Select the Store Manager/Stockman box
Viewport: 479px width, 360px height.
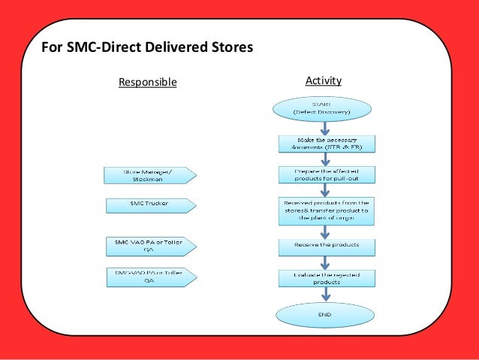click(149, 175)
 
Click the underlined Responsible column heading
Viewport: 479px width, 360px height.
click(148, 82)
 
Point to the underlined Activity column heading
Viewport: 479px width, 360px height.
click(324, 80)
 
